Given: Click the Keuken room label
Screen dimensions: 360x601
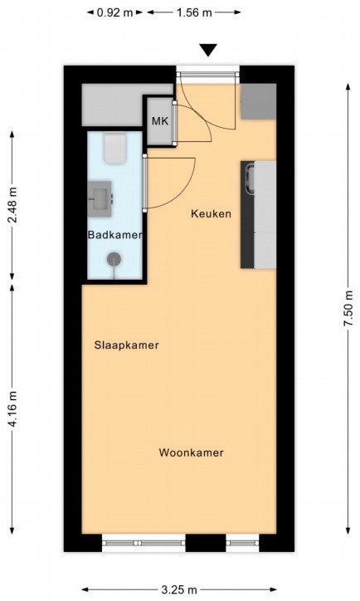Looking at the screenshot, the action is tap(211, 213).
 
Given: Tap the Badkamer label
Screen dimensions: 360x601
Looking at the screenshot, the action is tap(115, 235).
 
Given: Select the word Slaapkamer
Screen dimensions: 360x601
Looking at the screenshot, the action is tap(126, 345).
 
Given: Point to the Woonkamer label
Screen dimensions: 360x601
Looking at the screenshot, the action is tap(191, 452).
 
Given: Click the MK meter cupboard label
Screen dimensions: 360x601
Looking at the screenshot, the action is tap(160, 121).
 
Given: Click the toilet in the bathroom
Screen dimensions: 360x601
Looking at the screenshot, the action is tap(114, 149).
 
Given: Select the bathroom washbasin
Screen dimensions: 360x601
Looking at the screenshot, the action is tap(100, 199).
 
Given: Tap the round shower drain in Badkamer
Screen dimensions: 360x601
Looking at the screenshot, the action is tap(114, 259).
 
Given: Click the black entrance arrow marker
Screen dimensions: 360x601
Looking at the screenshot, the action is tap(209, 50).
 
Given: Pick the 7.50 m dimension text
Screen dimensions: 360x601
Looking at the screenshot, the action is tap(348, 309).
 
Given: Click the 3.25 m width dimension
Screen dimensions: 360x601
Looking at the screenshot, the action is tap(179, 589).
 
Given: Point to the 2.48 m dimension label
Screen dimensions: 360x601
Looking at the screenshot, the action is tap(12, 205).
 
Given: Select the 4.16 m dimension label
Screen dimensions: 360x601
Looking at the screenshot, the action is tap(12, 409).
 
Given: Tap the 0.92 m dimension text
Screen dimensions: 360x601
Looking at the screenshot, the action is tap(114, 12).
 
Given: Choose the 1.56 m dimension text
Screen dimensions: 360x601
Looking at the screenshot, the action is tap(194, 12).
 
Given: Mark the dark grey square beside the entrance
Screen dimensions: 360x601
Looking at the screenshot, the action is tap(258, 101).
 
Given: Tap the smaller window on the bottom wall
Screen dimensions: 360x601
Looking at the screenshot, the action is tap(242, 543).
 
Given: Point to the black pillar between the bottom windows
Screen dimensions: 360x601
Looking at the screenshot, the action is tap(206, 543).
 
